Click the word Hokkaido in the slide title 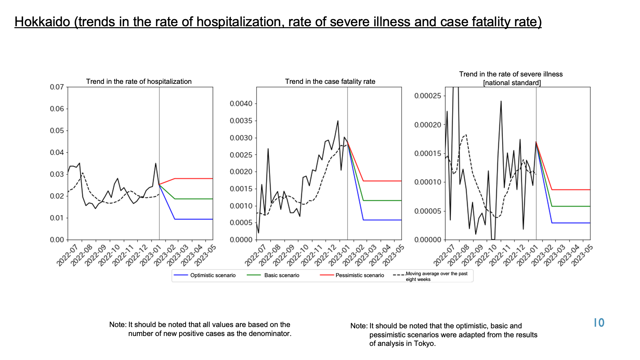point(42,22)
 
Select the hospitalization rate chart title point(139,82)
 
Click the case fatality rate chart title point(330,82)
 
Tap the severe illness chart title point(511,78)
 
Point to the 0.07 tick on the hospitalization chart point(57,87)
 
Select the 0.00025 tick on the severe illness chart point(428,96)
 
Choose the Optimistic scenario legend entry point(205,275)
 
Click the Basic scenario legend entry point(274,275)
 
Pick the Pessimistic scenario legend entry point(352,275)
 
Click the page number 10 point(599,323)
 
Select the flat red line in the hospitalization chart point(194,179)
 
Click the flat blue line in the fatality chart point(382,220)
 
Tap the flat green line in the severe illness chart point(571,206)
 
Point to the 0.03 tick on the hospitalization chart point(57,174)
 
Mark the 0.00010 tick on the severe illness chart point(428,182)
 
